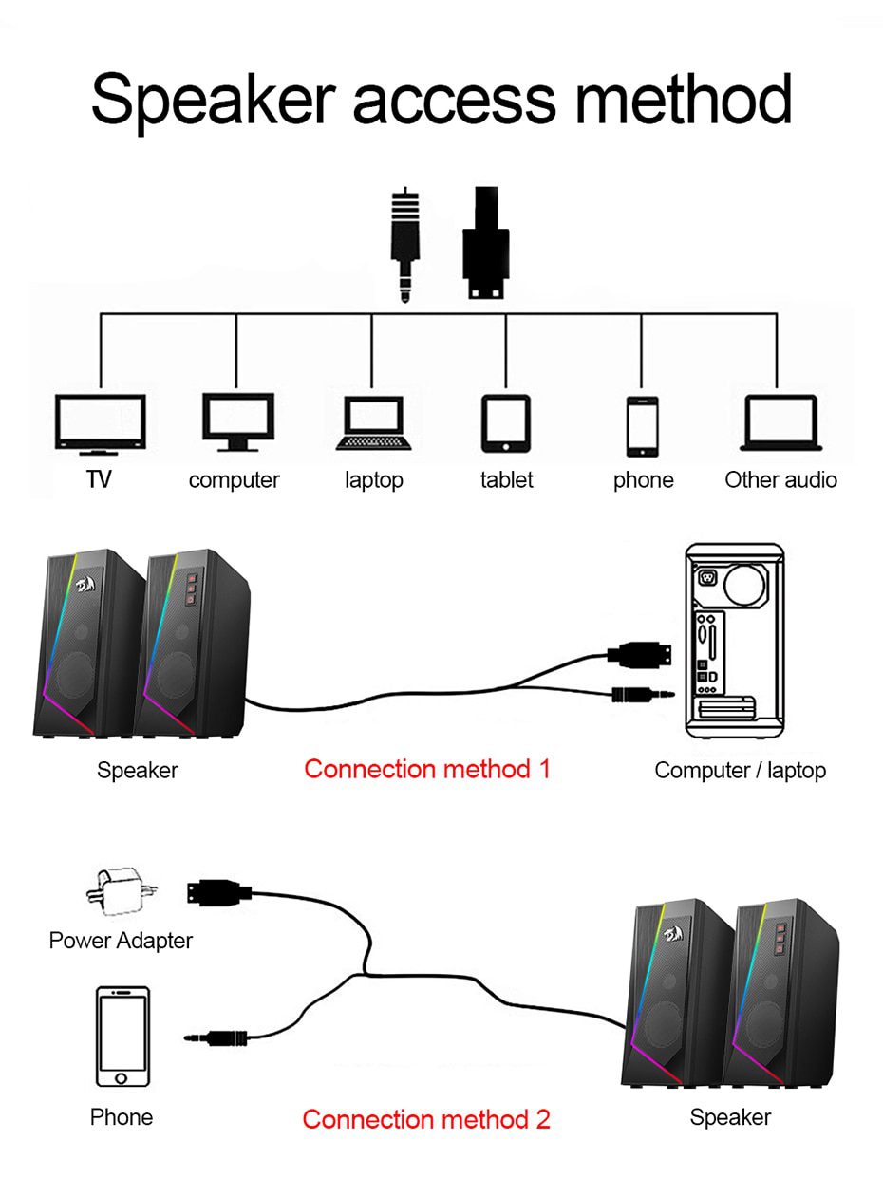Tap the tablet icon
[x=505, y=423]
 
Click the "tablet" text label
[x=506, y=480]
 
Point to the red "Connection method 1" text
[x=426, y=769]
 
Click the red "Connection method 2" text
[x=426, y=1119]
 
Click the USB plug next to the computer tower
[x=639, y=653]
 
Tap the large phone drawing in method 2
[x=122, y=1037]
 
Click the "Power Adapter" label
[x=121, y=941]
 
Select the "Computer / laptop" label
[x=740, y=770]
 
